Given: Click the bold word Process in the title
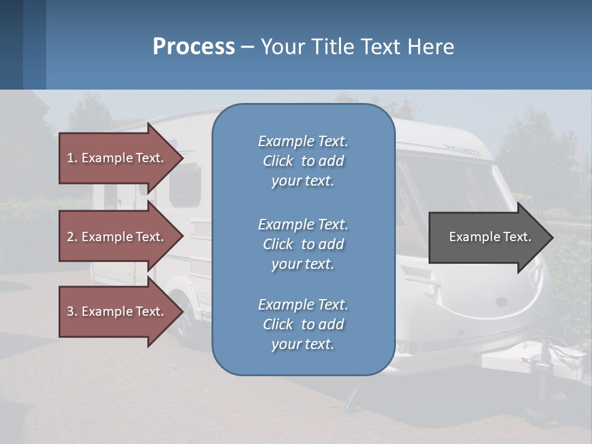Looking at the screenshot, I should coord(194,47).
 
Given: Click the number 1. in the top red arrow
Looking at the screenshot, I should coord(72,158).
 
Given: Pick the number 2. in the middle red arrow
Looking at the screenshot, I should coord(72,237).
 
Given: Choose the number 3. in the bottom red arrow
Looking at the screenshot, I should coord(72,311).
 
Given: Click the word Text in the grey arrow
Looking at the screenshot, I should coord(517,237).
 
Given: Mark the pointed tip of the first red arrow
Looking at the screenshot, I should coord(183,158).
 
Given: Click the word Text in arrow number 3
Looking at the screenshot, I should coord(150,311).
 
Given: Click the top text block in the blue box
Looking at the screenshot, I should coord(303,161).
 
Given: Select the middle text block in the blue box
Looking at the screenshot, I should coord(303,244).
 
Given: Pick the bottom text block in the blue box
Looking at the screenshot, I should coord(303,324).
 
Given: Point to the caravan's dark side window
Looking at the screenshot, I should coord(186,185).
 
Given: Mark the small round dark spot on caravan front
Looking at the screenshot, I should coord(501,302).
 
